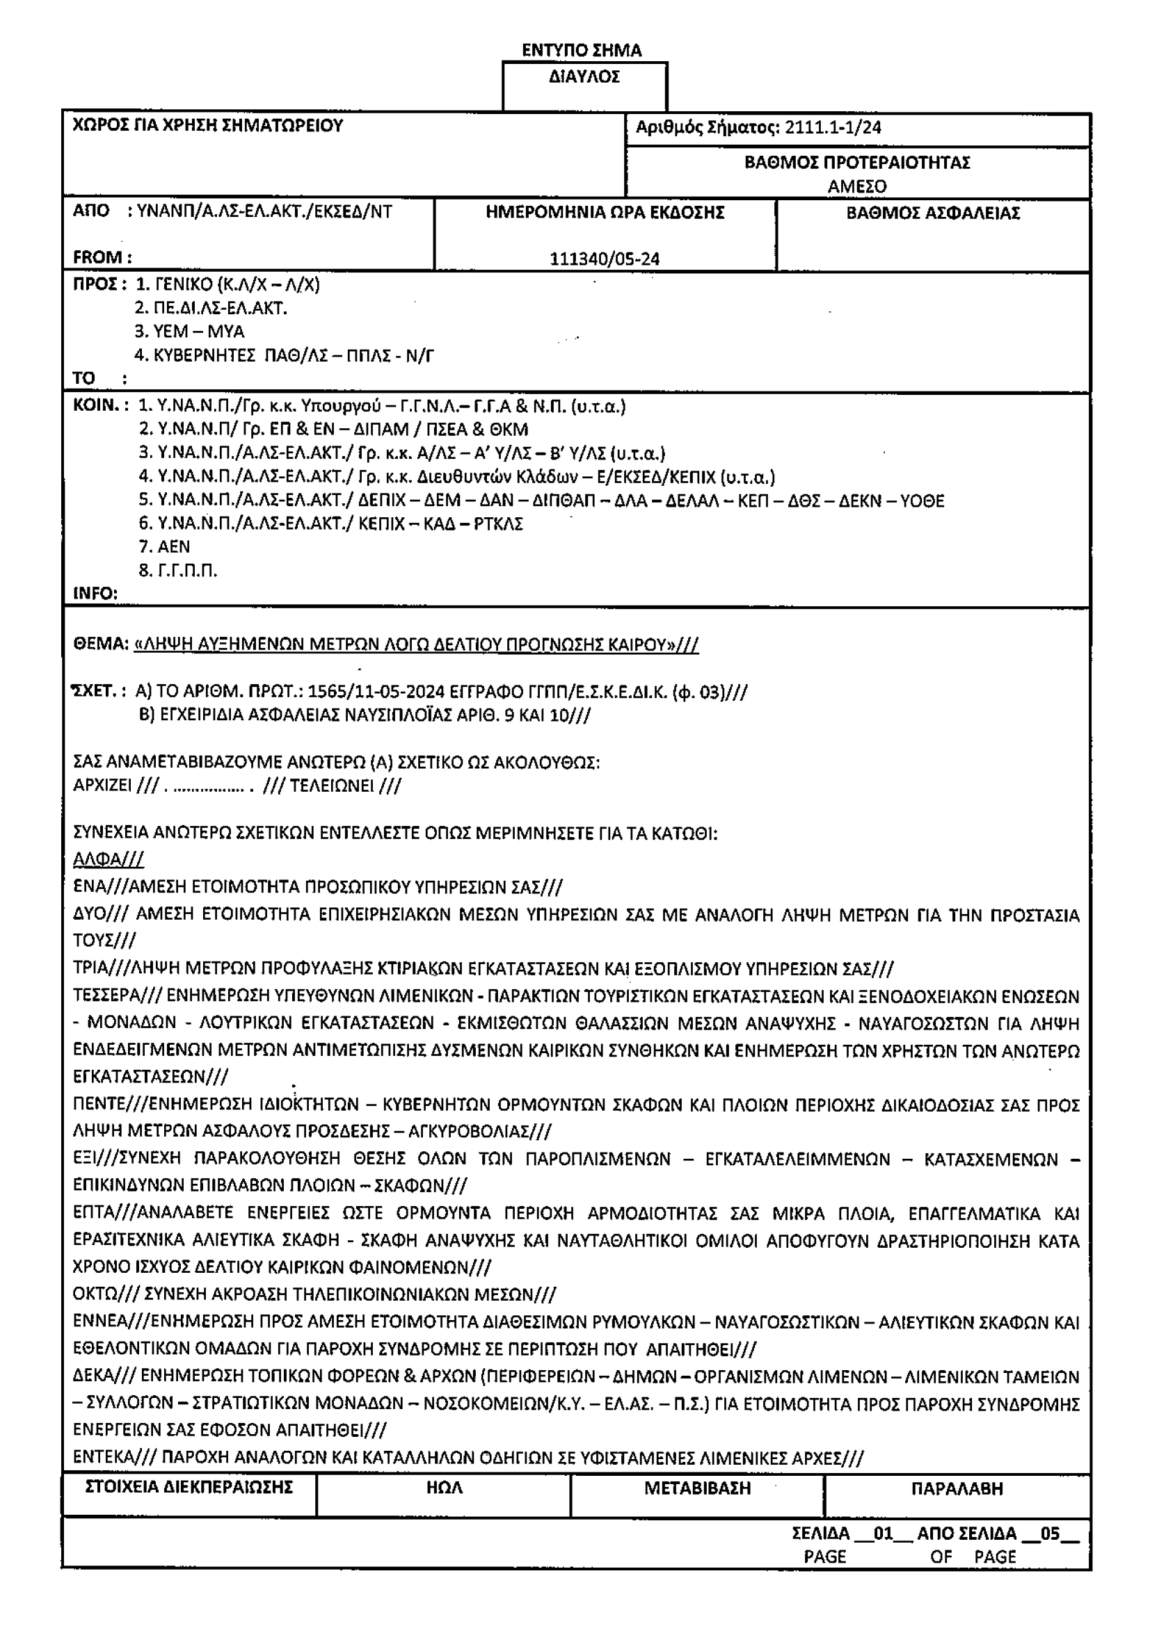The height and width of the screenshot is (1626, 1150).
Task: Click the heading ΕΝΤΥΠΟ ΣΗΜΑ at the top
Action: [581, 50]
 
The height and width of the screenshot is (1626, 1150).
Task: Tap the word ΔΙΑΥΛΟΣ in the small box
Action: [584, 76]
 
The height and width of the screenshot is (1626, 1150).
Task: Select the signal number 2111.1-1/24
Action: [833, 127]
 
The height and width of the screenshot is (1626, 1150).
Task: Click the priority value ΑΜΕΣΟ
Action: [856, 186]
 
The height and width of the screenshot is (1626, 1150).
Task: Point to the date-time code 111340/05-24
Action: [605, 259]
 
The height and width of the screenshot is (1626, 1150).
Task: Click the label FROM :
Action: [102, 257]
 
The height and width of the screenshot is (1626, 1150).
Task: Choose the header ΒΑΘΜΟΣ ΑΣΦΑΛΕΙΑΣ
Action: [932, 213]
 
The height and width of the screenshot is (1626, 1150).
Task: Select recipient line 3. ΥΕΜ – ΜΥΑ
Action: [189, 332]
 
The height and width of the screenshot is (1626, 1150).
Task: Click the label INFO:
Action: [95, 594]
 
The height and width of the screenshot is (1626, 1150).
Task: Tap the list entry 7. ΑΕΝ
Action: [164, 546]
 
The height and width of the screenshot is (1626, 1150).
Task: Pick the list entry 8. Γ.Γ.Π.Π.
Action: [178, 571]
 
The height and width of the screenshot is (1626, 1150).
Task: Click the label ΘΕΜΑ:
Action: [101, 644]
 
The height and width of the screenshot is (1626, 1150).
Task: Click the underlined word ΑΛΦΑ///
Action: [109, 860]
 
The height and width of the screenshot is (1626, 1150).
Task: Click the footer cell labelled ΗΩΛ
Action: [445, 1488]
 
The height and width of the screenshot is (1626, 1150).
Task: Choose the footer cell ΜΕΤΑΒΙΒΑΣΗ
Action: [696, 1488]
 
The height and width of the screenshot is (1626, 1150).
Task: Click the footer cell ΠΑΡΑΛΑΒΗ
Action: [957, 1488]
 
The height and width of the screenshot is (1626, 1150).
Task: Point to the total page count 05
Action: [1049, 1534]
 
